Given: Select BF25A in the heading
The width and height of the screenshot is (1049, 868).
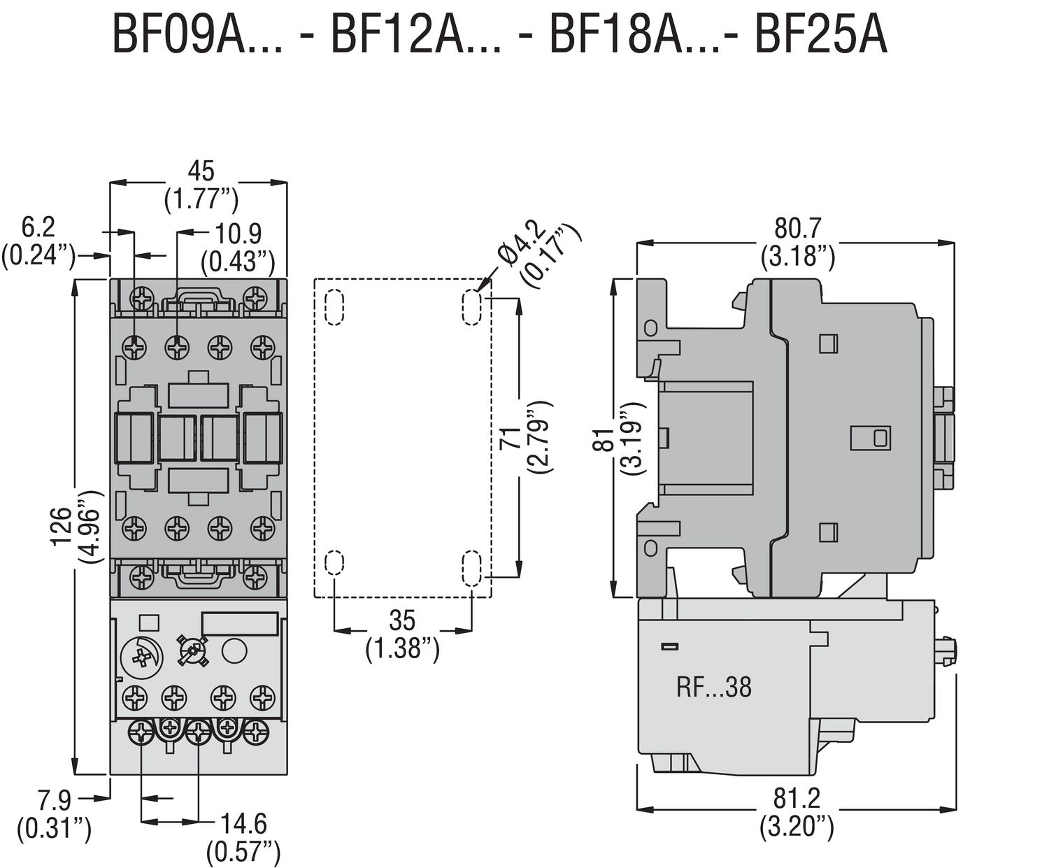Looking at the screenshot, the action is tap(821, 35).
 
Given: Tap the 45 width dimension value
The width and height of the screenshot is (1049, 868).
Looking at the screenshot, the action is tap(201, 171).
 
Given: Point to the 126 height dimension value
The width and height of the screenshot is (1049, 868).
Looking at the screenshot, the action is tap(62, 526).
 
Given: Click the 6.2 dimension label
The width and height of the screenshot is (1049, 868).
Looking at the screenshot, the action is tap(38, 227).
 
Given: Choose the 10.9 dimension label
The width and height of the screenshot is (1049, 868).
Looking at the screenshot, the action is tap(238, 234).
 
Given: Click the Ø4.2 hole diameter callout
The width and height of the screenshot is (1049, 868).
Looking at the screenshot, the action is tap(522, 243).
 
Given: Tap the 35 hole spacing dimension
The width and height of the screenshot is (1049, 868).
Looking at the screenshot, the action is tap(402, 620).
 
